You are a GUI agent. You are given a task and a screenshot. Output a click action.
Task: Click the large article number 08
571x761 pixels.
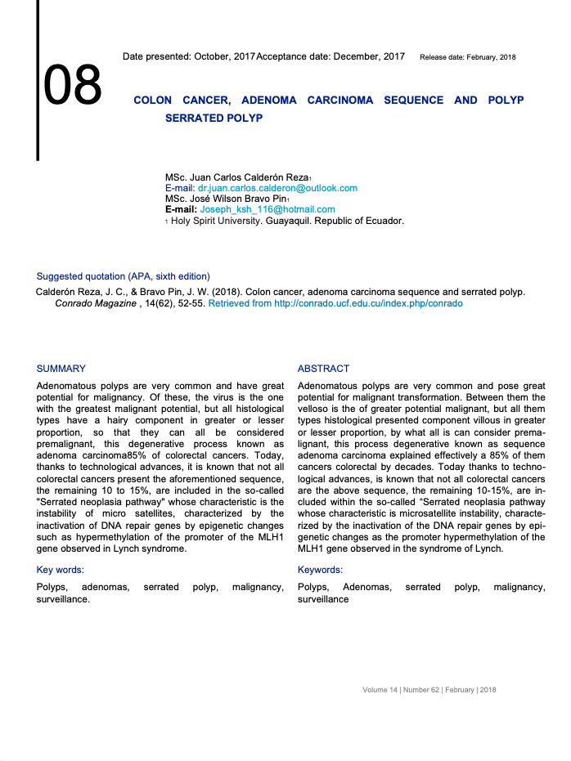coord(73,85)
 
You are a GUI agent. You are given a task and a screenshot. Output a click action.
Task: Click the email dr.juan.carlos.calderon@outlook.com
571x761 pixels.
coord(277,188)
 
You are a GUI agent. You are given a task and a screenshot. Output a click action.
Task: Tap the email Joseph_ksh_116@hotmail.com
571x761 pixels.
coord(257,209)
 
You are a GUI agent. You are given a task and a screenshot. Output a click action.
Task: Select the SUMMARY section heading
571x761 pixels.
coord(61,369)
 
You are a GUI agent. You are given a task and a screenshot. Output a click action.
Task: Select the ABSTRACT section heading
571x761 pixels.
coord(323,369)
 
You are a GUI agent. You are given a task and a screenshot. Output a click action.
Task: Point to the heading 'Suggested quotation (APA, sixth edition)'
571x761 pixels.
coord(123,276)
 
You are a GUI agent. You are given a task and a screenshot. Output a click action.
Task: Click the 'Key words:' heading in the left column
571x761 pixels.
coord(61,570)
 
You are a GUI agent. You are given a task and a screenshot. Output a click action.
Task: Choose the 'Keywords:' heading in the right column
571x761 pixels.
coord(320,570)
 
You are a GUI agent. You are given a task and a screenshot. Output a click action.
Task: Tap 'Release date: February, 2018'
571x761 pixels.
coord(467,57)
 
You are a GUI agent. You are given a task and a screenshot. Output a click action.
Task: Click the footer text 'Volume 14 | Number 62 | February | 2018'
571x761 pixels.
coord(429,690)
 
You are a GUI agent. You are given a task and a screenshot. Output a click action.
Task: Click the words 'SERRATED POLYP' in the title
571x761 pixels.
coord(214,118)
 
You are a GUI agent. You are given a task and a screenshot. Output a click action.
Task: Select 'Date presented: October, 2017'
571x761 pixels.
coord(188,56)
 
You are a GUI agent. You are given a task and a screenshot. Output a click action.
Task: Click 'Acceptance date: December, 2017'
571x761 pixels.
coord(330,56)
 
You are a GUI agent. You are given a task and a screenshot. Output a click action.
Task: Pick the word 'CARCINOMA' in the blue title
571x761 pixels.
coord(340,100)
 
